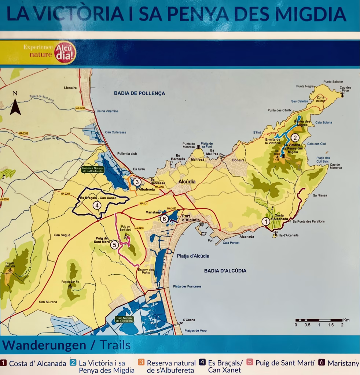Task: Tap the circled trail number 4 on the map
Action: pos(97,205)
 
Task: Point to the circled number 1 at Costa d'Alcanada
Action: pos(265,221)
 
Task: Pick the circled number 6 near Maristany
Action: pos(164,219)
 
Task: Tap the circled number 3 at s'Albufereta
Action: pos(136,182)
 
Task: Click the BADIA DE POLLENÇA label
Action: pos(139,93)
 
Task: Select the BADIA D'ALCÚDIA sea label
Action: pos(225,271)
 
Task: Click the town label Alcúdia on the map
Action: pos(187,182)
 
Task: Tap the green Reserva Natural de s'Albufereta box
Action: pos(93,170)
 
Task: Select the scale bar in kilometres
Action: pos(319,320)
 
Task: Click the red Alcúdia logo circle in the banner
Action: pos(65,53)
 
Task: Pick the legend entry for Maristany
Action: pos(339,363)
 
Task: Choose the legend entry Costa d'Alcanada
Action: pos(33,364)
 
